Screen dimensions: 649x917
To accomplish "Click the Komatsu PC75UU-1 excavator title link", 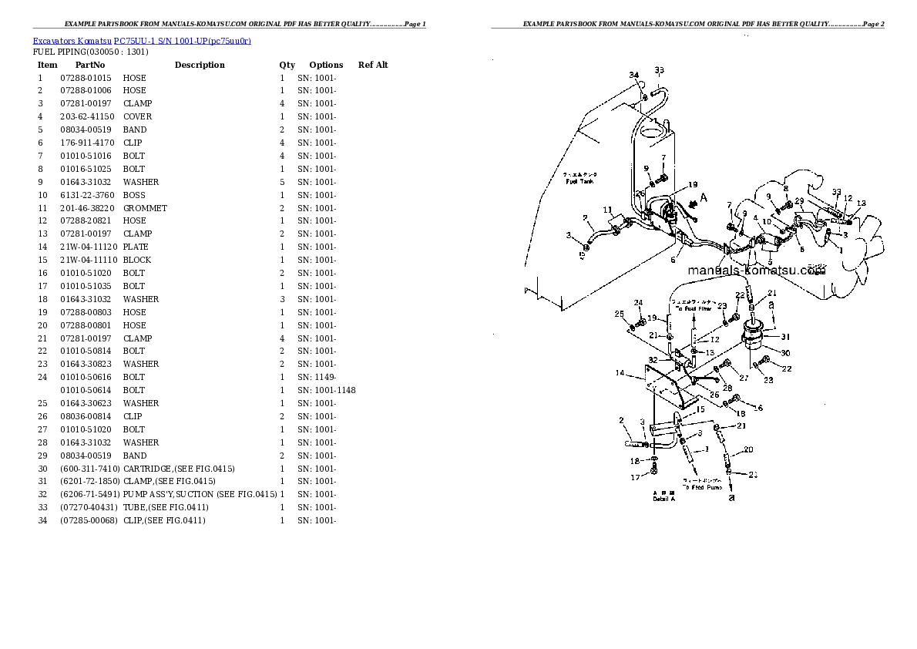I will pyautogui.click(x=142, y=40).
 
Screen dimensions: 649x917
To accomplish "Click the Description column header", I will pyautogui.click(x=200, y=65).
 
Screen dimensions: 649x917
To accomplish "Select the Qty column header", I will pyautogui.click(x=287, y=65).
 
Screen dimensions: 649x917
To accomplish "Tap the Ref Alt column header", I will pyautogui.click(x=373, y=65).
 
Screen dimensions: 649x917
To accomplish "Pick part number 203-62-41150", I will pyautogui.click(x=86, y=116).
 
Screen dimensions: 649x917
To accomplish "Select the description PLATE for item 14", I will pyautogui.click(x=135, y=247).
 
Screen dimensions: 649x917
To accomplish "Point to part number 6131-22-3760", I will pyautogui.click(x=86, y=195).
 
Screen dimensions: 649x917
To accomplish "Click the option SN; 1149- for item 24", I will pyautogui.click(x=317, y=377).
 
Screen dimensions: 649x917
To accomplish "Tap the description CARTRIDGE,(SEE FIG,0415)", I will pyautogui.click(x=179, y=469).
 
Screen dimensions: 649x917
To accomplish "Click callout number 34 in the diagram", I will pyautogui.click(x=633, y=75).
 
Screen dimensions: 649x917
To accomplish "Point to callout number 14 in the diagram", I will pyautogui.click(x=619, y=373).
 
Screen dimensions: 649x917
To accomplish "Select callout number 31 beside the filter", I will pyautogui.click(x=785, y=336).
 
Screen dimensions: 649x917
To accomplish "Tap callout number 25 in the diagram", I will pyautogui.click(x=619, y=314).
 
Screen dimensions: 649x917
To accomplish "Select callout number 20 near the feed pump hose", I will pyautogui.click(x=748, y=449).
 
